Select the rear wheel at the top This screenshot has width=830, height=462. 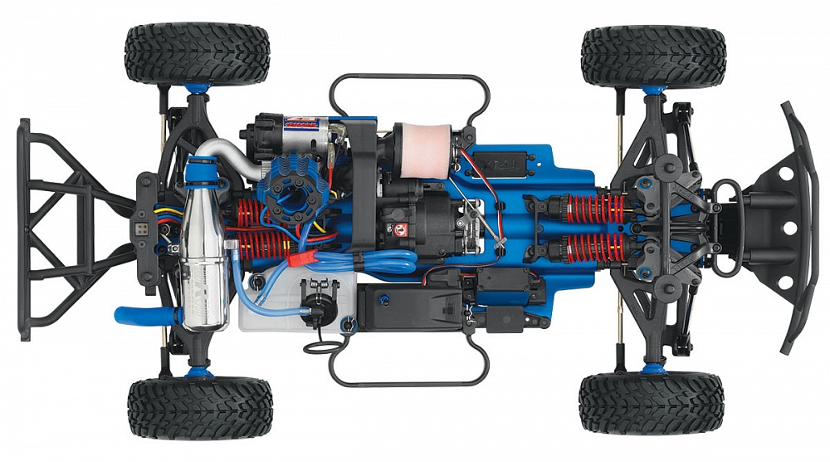point(198,53)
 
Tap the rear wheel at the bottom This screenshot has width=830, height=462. point(199,407)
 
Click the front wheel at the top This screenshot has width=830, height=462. point(653,57)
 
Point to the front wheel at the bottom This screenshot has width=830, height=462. point(652,404)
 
